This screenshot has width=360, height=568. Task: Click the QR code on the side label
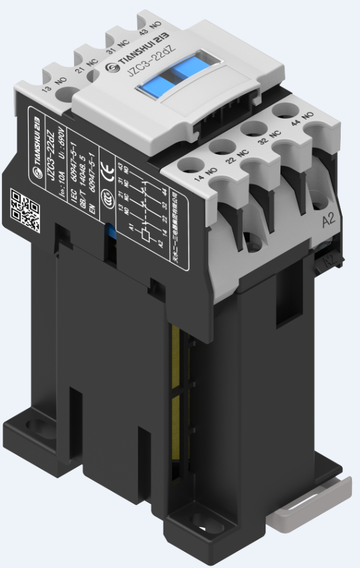point(24,209)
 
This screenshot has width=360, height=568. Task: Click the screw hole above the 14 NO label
point(188,164)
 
